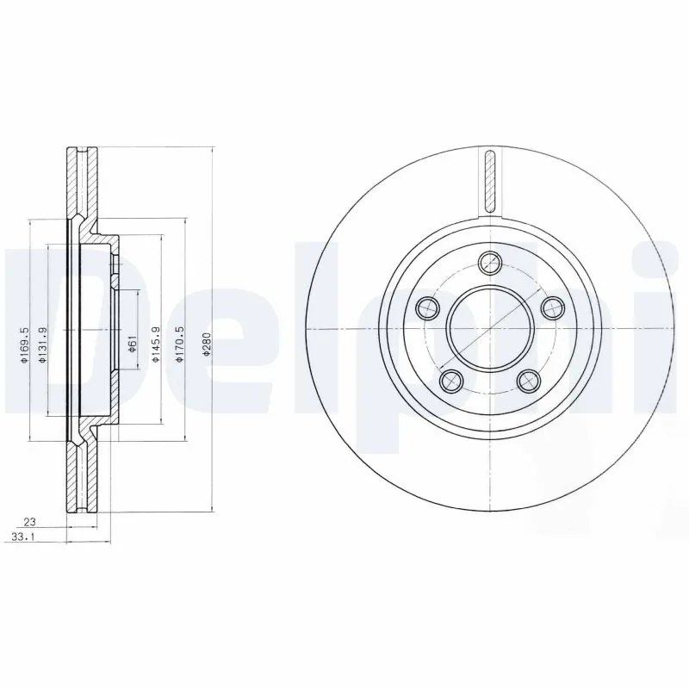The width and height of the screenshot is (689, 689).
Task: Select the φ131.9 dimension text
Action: (40, 344)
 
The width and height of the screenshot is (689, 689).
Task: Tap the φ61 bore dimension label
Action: (132, 344)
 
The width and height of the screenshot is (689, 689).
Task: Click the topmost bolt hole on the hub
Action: (490, 262)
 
